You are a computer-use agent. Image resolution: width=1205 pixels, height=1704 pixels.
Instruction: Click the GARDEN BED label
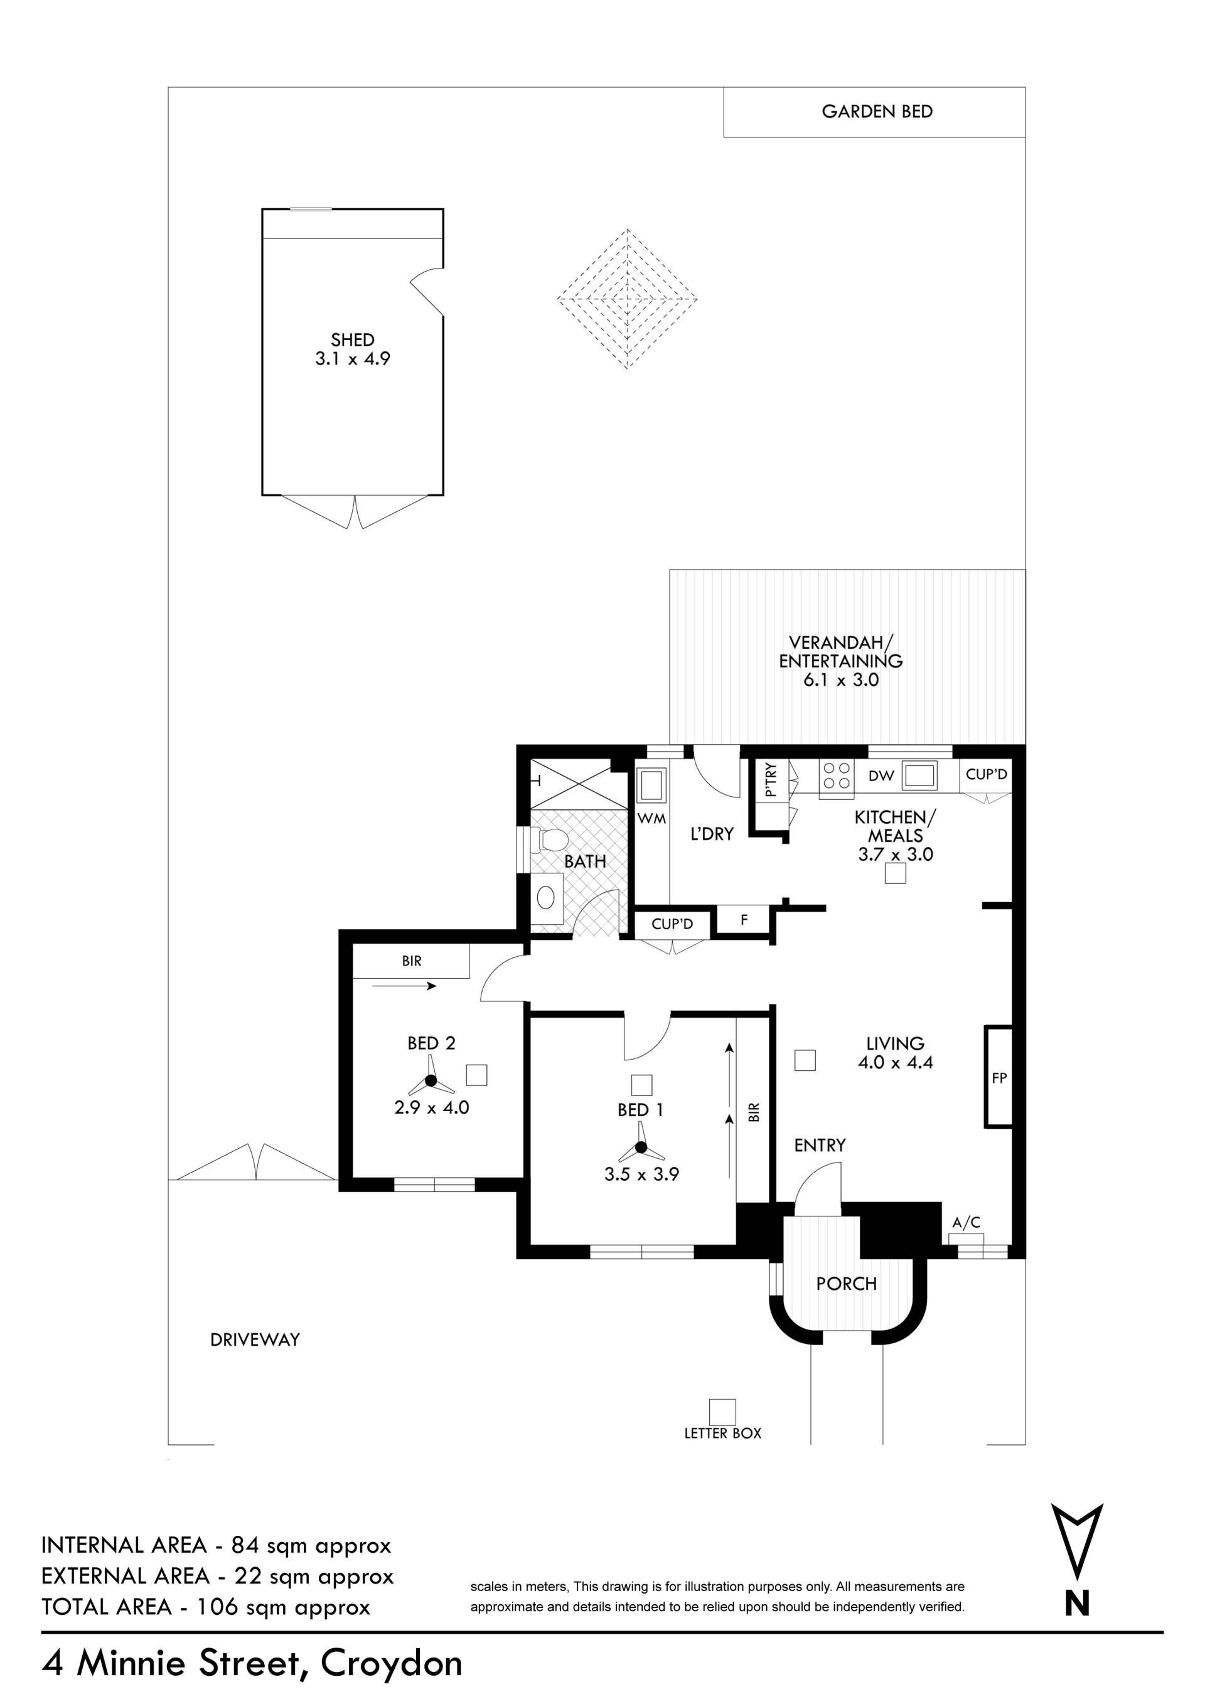pyautogui.click(x=877, y=111)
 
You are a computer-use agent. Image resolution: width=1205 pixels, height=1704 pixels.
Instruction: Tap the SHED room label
pyautogui.click(x=353, y=340)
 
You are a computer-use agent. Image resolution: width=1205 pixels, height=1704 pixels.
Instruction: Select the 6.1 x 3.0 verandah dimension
pyautogui.click(x=840, y=679)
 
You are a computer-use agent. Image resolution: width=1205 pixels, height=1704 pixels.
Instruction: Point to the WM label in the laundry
pyautogui.click(x=652, y=819)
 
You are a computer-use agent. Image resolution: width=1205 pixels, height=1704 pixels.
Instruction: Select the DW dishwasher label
pyautogui.click(x=881, y=776)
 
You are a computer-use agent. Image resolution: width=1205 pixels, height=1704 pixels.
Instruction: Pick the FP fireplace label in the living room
pyautogui.click(x=999, y=1078)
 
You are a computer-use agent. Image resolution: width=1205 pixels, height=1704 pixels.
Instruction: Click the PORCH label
pyautogui.click(x=847, y=1284)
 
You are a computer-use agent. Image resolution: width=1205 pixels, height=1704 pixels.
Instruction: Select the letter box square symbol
pyautogui.click(x=722, y=1412)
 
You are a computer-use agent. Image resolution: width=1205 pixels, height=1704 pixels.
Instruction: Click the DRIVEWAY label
pyautogui.click(x=255, y=1339)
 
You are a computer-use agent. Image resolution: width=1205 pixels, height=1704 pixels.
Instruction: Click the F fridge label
pyautogui.click(x=744, y=920)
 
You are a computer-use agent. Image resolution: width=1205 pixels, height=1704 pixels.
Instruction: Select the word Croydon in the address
pyautogui.click(x=391, y=1663)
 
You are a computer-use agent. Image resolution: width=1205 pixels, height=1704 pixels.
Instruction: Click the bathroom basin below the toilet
pyautogui.click(x=547, y=898)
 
